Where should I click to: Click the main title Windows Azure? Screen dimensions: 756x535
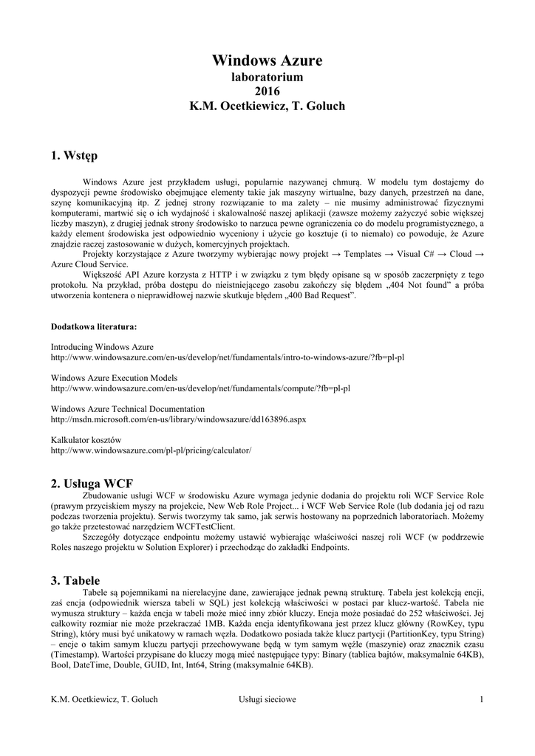[267, 60]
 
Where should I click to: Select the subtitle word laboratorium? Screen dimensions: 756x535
[267, 77]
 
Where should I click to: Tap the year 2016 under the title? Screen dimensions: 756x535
[267, 92]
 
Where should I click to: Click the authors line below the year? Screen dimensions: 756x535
[267, 106]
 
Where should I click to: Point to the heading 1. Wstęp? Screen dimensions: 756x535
[73, 156]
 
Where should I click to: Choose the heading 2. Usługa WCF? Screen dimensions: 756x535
[92, 484]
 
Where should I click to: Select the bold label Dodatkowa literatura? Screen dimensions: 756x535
[93, 326]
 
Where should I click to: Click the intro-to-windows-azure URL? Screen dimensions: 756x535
[228, 357]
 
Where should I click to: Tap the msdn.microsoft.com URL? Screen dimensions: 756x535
[178, 419]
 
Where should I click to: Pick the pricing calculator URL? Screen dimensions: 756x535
[151, 450]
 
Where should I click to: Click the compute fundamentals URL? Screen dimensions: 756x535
[200, 388]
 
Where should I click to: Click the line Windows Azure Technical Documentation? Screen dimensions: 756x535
[127, 408]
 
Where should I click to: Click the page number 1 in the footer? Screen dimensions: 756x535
[481, 699]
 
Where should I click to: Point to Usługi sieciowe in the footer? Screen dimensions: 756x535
[267, 699]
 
